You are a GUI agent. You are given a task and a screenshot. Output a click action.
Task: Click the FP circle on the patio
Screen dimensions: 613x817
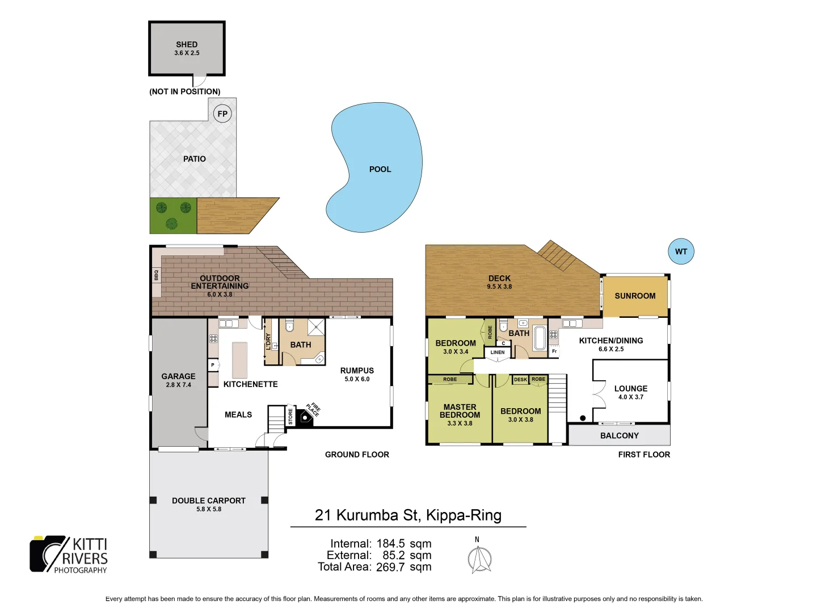(x=222, y=114)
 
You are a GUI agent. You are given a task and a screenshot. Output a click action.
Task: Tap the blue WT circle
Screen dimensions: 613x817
(x=681, y=251)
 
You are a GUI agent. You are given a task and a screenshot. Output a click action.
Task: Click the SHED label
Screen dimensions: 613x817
(x=187, y=44)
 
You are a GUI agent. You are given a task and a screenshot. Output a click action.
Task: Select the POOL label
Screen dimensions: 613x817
(x=380, y=169)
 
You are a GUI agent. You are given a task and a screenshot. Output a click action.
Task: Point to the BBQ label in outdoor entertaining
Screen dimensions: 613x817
(x=157, y=275)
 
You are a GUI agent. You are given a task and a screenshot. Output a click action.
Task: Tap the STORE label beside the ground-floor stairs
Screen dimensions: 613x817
(x=290, y=416)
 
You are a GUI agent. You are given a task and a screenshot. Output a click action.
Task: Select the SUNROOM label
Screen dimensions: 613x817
(x=635, y=296)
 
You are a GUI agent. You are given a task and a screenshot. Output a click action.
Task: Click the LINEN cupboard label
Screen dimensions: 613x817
(x=498, y=352)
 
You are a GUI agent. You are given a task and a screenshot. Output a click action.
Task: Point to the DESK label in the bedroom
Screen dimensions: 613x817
(x=520, y=380)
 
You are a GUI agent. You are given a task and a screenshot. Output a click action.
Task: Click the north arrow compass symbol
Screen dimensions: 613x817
(x=479, y=559)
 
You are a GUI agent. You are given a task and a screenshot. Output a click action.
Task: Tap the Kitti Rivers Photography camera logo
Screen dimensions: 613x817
(x=48, y=553)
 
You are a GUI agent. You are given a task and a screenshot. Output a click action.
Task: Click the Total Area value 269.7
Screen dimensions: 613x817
(x=390, y=567)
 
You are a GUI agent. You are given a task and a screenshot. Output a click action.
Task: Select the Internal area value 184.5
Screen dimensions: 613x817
(x=390, y=544)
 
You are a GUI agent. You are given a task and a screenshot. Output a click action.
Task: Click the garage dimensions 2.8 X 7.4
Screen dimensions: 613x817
(x=179, y=385)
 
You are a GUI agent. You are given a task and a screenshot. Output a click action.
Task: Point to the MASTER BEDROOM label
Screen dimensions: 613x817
(x=460, y=411)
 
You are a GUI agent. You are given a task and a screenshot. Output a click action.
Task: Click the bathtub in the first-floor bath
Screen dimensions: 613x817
(x=540, y=338)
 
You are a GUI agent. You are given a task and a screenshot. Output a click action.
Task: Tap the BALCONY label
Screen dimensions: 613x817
(x=620, y=435)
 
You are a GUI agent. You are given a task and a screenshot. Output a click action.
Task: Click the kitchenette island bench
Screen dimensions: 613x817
(x=240, y=360)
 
